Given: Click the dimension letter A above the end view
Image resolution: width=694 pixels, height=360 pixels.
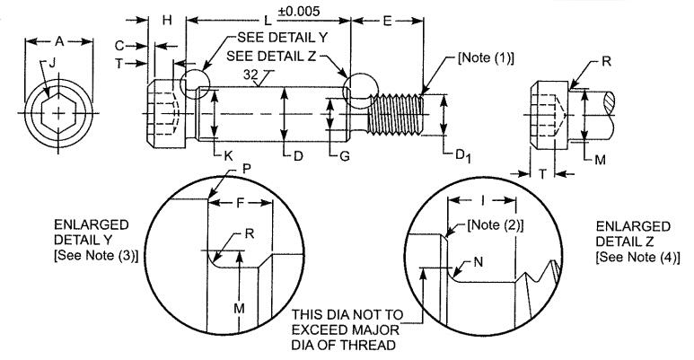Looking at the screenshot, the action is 59,41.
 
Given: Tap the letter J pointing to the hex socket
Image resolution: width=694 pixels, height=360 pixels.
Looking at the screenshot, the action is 52,64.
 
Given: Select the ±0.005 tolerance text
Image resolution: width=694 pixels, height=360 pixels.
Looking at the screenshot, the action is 299,11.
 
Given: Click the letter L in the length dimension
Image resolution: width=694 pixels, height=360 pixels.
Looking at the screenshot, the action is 268,21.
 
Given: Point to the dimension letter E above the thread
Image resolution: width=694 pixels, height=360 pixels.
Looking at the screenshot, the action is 387,21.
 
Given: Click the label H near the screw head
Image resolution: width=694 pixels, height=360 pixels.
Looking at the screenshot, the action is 167,20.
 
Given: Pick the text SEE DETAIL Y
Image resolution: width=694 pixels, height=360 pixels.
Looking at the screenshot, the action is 283,38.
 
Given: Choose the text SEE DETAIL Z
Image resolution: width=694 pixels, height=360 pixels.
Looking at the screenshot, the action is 271,57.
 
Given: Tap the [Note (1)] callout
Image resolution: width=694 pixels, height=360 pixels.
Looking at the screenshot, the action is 486,58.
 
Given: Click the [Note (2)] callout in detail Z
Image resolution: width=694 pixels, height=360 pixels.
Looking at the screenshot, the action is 496,225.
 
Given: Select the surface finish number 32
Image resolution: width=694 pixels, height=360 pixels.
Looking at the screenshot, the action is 250,75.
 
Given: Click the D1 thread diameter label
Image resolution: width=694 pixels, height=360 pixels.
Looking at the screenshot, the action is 463,155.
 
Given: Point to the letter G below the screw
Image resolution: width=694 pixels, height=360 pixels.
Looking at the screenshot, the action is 345,156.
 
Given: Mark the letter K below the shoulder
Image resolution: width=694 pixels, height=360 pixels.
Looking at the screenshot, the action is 228,156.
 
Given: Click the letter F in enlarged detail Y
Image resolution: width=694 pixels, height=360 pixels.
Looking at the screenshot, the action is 240,203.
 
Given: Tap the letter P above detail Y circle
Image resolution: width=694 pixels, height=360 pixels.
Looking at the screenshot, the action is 247,169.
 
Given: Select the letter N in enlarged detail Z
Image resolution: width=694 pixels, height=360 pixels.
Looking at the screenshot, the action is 478,262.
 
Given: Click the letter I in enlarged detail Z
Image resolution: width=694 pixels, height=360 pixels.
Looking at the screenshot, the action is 483,200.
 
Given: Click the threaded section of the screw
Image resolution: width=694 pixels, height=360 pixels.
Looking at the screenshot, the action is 395,114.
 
